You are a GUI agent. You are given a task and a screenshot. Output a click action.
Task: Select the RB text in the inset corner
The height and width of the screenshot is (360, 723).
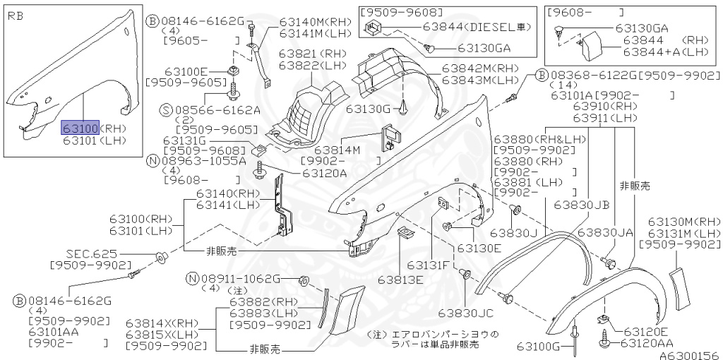(x=16, y=15)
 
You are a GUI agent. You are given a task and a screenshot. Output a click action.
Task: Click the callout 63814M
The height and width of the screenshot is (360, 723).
(x=337, y=150)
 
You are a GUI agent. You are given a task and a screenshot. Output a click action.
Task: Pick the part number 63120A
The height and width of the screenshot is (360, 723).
(x=325, y=173)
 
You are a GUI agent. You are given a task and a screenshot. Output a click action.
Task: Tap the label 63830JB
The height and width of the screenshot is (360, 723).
(x=581, y=205)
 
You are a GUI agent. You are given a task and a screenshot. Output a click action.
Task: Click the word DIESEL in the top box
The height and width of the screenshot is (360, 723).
(x=491, y=27)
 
